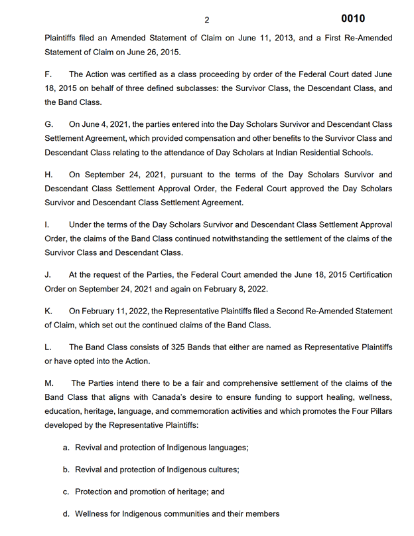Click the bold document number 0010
point(352,19)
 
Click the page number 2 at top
point(206,20)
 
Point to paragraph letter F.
point(48,74)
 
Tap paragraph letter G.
point(48,124)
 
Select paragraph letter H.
point(48,175)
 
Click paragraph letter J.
point(48,274)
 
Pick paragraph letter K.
point(48,311)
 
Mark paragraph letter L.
point(48,347)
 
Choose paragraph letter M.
point(49,383)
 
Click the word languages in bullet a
point(226,448)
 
